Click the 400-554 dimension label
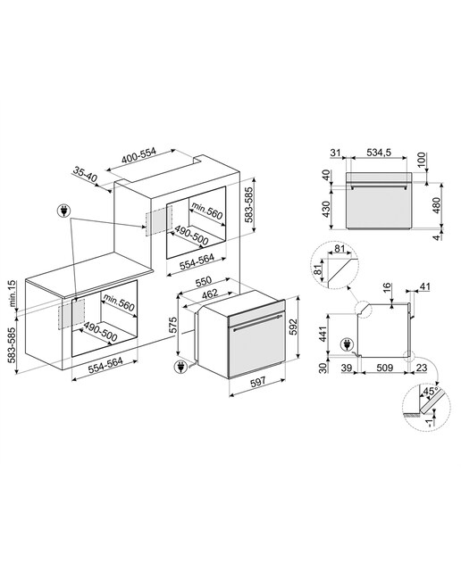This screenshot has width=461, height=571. (x=138, y=155)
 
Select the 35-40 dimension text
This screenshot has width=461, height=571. (x=85, y=175)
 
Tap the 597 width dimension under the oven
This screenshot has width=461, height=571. (x=257, y=382)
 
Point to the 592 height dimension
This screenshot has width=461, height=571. (x=294, y=327)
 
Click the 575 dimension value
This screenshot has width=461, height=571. (x=173, y=325)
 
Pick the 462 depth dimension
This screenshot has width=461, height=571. (x=209, y=294)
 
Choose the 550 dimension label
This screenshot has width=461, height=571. (x=203, y=282)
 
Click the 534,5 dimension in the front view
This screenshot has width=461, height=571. (x=379, y=153)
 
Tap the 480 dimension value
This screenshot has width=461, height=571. (x=436, y=205)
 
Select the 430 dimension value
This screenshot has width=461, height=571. (x=327, y=209)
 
